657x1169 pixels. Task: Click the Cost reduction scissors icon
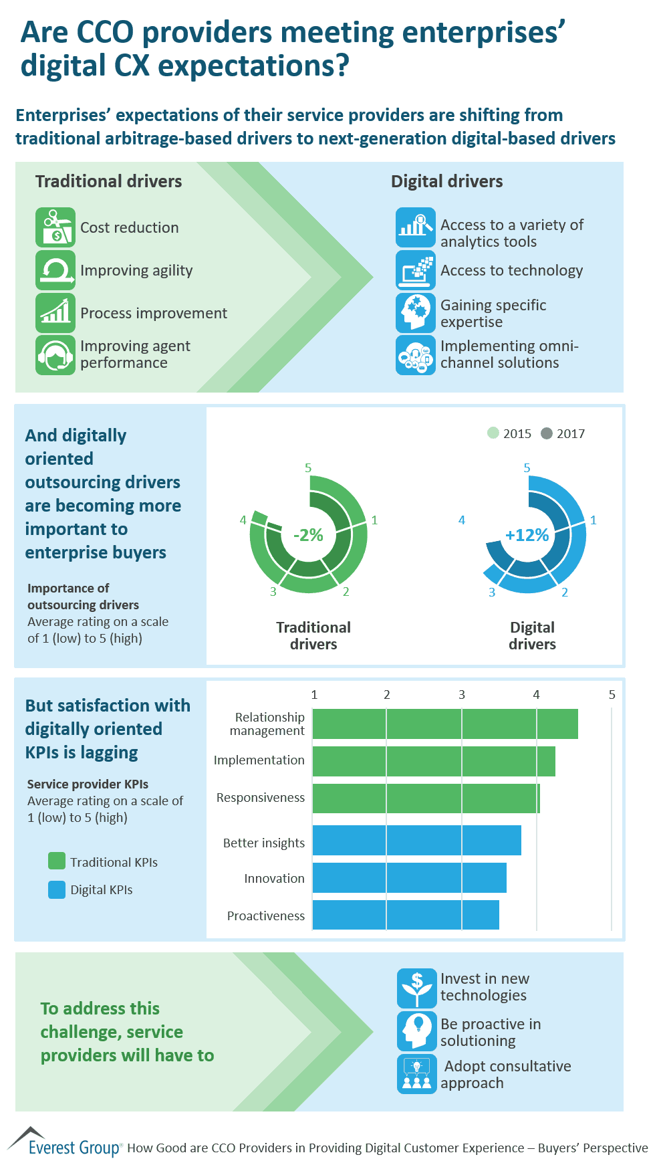coord(55,227)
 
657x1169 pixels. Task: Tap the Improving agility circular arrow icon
coord(55,270)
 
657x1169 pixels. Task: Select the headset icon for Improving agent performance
coord(55,355)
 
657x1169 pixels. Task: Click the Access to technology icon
coord(415,270)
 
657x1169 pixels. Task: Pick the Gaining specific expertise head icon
coord(415,313)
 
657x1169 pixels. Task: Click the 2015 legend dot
coord(493,433)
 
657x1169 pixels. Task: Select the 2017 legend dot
coord(547,433)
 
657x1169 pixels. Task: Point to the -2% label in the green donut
coord(308,535)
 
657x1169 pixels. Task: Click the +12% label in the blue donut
coord(527,535)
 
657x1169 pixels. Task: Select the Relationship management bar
coord(445,724)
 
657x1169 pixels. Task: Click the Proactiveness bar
coord(406,915)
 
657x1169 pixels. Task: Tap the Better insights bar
coord(416,840)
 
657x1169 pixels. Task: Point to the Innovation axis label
coord(274,878)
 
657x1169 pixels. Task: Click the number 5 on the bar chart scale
coord(612,695)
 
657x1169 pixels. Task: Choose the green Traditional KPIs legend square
coord(57,861)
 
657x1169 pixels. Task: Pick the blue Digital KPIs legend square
coord(57,889)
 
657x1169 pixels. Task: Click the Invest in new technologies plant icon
coord(416,988)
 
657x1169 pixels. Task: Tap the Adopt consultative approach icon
coord(416,1074)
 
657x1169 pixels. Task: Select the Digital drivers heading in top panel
coord(446,181)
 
